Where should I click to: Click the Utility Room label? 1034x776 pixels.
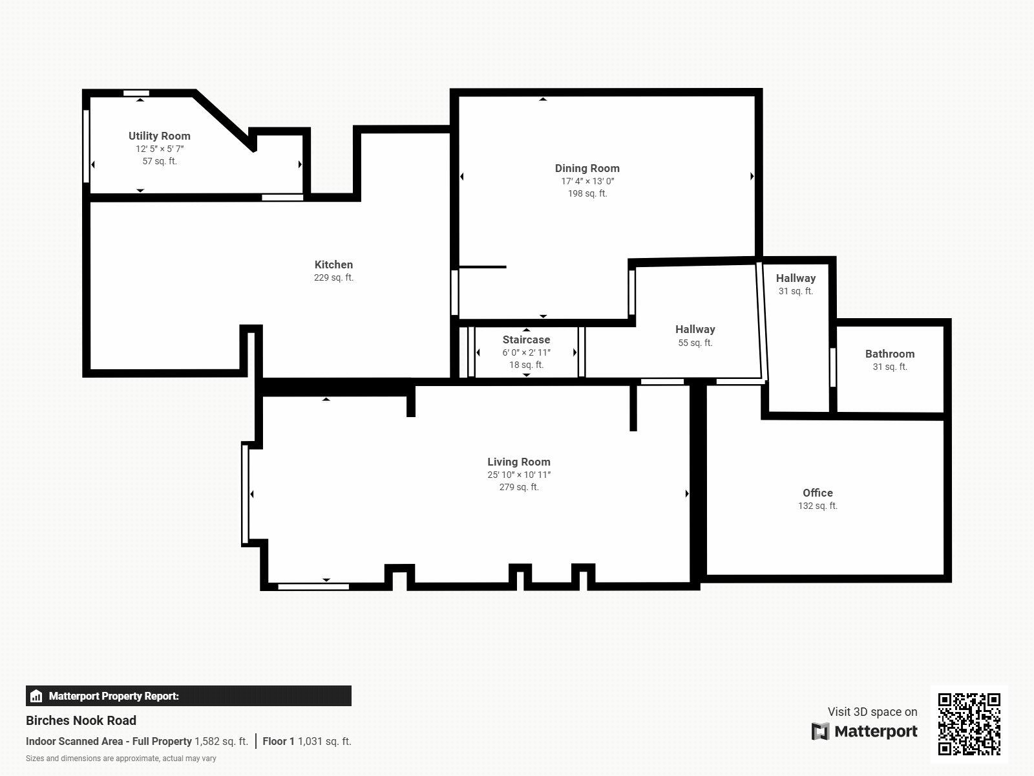point(159,136)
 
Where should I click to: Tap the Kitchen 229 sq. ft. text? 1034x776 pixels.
point(333,277)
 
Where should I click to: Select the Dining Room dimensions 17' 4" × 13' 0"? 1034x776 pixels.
point(587,181)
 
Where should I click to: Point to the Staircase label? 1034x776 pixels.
point(526,339)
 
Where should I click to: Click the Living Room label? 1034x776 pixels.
point(518,462)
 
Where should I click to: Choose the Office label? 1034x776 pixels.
point(818,493)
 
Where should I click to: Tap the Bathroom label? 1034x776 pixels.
point(889,354)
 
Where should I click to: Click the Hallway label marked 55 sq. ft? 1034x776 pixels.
point(695,329)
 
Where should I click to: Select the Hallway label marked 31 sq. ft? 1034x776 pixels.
point(796,278)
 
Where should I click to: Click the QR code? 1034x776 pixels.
point(969,724)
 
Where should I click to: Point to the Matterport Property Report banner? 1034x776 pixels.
point(188,696)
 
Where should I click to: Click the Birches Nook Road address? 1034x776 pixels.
point(81,720)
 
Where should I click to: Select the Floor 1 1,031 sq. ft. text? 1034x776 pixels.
point(306,741)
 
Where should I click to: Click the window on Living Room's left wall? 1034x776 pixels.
point(245,493)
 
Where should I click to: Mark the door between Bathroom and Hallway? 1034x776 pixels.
point(833,367)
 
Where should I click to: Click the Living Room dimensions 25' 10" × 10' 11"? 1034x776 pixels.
point(518,475)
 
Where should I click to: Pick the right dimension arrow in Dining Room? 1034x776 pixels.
point(752,176)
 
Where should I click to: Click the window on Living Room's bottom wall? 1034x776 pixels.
point(313,587)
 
